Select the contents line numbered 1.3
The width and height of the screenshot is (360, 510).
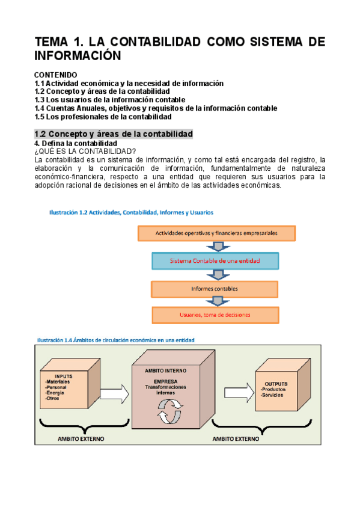point(110,100)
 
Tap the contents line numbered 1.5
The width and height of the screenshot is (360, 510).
point(103,117)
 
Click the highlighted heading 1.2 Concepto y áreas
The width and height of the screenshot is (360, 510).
point(114,134)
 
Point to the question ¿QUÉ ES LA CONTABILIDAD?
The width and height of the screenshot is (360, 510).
point(85,151)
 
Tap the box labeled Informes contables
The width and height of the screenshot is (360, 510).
point(215,289)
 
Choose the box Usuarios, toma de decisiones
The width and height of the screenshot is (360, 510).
point(215,315)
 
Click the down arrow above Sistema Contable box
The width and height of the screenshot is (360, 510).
point(215,247)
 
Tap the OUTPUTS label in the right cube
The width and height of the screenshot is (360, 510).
point(276,384)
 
